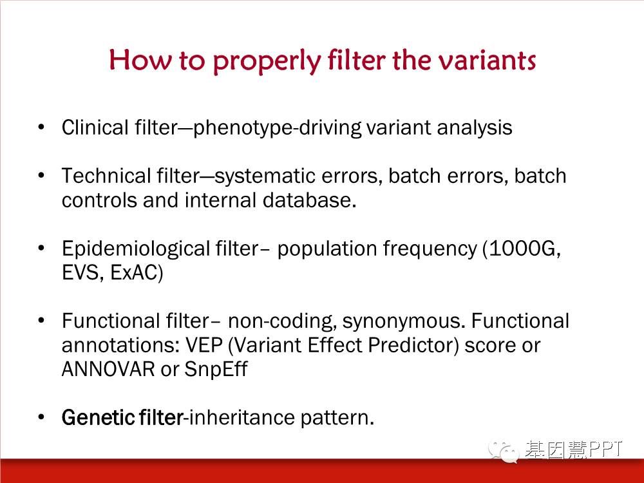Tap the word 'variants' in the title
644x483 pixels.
click(486, 60)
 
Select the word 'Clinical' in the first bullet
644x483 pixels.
click(95, 128)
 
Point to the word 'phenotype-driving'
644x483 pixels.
click(277, 128)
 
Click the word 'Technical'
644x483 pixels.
click(106, 176)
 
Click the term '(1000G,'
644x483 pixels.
click(522, 249)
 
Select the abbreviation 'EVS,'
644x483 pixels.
click(82, 272)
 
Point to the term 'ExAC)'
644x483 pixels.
click(137, 272)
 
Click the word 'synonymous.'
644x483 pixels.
click(404, 321)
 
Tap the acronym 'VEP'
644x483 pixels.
click(204, 345)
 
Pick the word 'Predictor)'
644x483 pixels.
click(413, 345)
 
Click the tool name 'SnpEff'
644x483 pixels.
click(216, 369)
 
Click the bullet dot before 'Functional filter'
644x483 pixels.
click(41, 320)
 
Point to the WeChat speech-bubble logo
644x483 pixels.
click(503, 451)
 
